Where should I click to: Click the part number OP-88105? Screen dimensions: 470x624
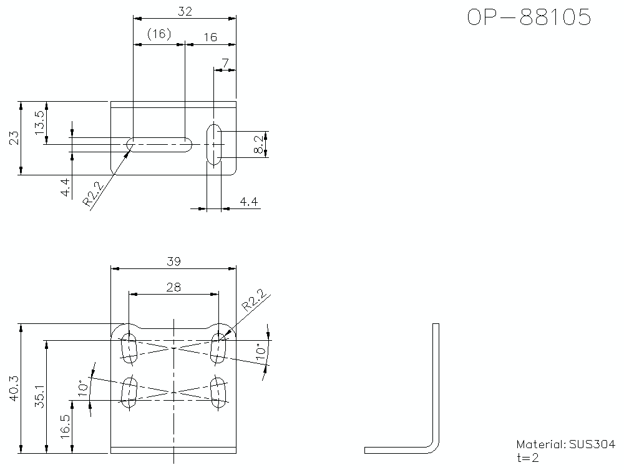(529, 17)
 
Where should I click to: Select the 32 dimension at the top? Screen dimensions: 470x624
(185, 11)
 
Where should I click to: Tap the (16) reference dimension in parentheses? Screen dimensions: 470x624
(159, 35)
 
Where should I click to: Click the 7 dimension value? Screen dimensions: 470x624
(225, 63)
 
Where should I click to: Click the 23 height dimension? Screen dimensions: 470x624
(14, 138)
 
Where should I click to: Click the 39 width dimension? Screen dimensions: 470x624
(173, 262)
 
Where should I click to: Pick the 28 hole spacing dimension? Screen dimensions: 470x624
(173, 286)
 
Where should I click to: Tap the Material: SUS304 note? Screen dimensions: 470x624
(565, 444)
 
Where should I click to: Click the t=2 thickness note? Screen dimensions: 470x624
(527, 458)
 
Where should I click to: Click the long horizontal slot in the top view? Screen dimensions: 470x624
(159, 144)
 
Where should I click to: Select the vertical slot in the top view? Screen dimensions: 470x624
(214, 144)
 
